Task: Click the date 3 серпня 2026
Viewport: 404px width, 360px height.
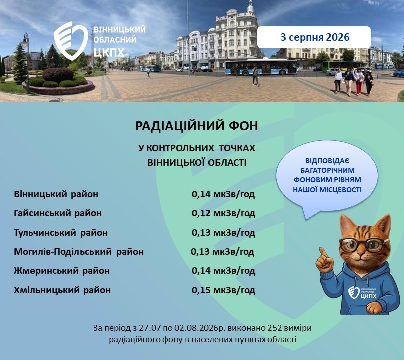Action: [x=315, y=37]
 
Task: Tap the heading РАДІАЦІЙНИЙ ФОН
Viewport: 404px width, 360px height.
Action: [x=197, y=126]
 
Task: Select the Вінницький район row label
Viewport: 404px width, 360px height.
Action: [x=56, y=194]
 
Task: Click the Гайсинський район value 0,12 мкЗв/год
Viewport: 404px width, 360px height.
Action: [x=223, y=213]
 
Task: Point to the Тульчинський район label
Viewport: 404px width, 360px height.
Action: [x=61, y=232]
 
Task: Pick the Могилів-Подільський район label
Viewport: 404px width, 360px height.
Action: [x=79, y=252]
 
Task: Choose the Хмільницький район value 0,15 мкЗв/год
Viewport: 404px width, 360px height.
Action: [x=223, y=290]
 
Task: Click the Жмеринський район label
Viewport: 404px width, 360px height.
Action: [x=62, y=271]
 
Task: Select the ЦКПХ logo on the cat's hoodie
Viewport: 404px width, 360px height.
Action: [x=362, y=293]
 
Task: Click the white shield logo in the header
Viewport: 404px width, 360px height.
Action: [x=71, y=41]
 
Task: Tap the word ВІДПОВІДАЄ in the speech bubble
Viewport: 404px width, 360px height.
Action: [x=327, y=161]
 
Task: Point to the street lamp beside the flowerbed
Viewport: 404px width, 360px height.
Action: [x=26, y=63]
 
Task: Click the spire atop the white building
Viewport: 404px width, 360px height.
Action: [x=250, y=6]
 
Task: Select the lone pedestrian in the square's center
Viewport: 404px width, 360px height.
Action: [x=255, y=76]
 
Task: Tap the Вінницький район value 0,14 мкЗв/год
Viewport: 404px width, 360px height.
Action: [x=223, y=194]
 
